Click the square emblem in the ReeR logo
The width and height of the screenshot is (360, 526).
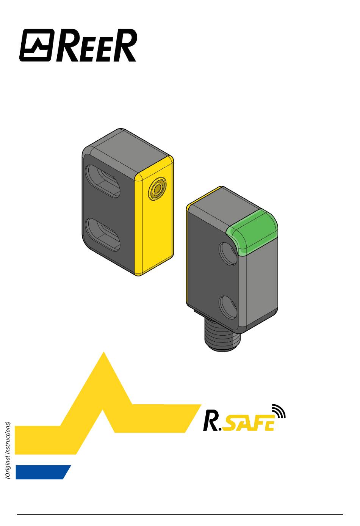click(x=37, y=46)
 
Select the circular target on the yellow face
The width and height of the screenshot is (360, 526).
click(x=157, y=188)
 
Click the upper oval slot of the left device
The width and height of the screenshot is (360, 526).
click(x=103, y=181)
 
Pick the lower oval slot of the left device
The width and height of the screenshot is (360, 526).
click(x=103, y=235)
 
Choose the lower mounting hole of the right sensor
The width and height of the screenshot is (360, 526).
click(x=228, y=308)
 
